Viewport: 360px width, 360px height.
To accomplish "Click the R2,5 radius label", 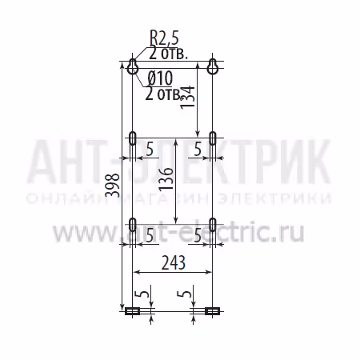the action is (x=164, y=38).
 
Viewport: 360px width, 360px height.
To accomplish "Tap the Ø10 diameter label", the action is (x=160, y=78).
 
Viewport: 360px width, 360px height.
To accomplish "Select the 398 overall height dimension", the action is (x=113, y=185).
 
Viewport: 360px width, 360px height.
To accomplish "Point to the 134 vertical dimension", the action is (x=187, y=97).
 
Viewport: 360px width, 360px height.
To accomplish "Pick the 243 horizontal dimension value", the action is (x=174, y=262).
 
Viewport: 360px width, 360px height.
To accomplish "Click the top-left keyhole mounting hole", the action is (x=132, y=66).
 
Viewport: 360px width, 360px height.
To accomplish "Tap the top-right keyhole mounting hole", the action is (x=213, y=66).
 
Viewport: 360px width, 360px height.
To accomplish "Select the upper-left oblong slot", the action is (x=132, y=138).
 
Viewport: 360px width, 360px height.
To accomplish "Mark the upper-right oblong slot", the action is (x=213, y=138).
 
